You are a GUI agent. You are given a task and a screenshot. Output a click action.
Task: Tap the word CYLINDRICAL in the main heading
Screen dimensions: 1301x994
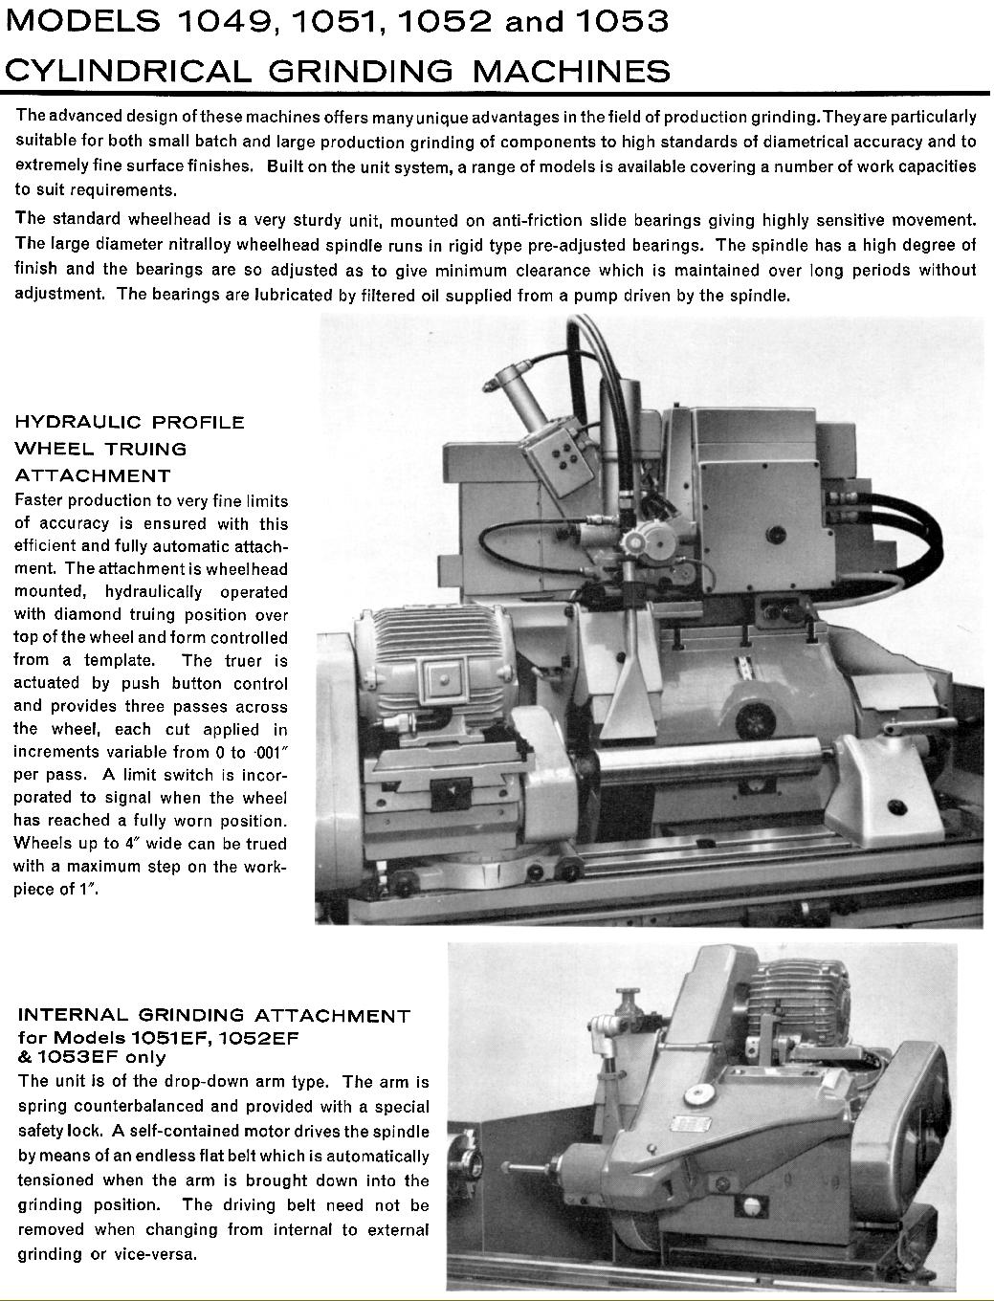tap(127, 71)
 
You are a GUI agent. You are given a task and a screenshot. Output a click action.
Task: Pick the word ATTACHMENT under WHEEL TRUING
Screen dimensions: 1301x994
tap(93, 475)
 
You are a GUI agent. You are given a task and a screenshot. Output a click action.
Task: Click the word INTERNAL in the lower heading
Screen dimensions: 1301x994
tap(73, 1015)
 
